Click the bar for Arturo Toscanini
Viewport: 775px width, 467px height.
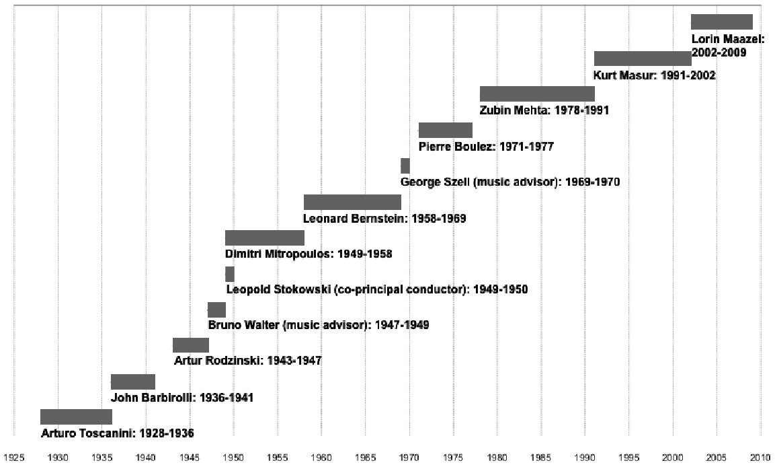click(x=76, y=417)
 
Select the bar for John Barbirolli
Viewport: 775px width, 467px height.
click(x=133, y=382)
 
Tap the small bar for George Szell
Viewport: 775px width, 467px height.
click(x=405, y=166)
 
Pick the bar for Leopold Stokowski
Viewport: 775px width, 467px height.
click(x=230, y=274)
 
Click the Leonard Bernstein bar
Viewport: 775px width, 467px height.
click(x=352, y=202)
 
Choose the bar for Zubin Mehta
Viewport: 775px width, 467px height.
click(x=537, y=94)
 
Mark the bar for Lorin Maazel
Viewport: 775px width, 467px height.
click(x=721, y=22)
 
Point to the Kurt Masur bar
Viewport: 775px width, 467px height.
click(x=643, y=58)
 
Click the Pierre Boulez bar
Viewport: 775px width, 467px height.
click(x=446, y=130)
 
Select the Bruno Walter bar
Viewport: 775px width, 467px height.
click(x=216, y=310)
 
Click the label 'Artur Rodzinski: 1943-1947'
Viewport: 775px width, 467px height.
click(x=247, y=361)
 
